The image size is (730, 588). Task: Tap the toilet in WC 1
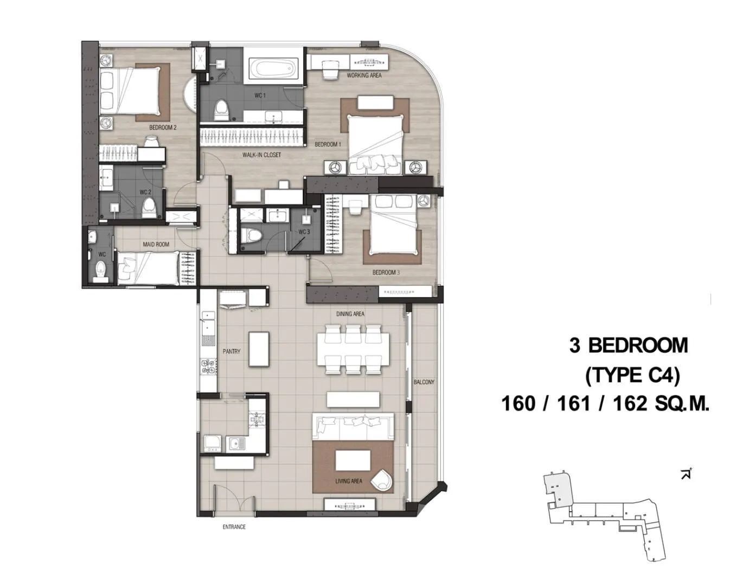point(221,109)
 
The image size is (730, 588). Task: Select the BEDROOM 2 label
point(163,127)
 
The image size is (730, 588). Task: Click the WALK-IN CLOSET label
point(261,155)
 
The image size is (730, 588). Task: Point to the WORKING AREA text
point(364,75)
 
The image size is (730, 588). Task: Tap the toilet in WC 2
point(149,208)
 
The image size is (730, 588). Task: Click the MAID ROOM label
point(156,244)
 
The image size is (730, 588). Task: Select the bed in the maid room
point(149,268)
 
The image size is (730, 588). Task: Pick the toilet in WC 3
point(251,235)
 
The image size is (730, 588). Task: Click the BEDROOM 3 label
point(386,272)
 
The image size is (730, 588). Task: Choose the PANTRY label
point(232,351)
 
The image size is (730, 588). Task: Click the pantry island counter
point(259,349)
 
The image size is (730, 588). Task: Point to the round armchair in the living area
point(382,479)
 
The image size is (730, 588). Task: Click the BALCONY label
point(424,382)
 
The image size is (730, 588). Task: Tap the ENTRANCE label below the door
point(234,527)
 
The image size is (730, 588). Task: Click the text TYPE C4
point(633,375)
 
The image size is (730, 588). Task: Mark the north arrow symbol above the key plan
point(686,474)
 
